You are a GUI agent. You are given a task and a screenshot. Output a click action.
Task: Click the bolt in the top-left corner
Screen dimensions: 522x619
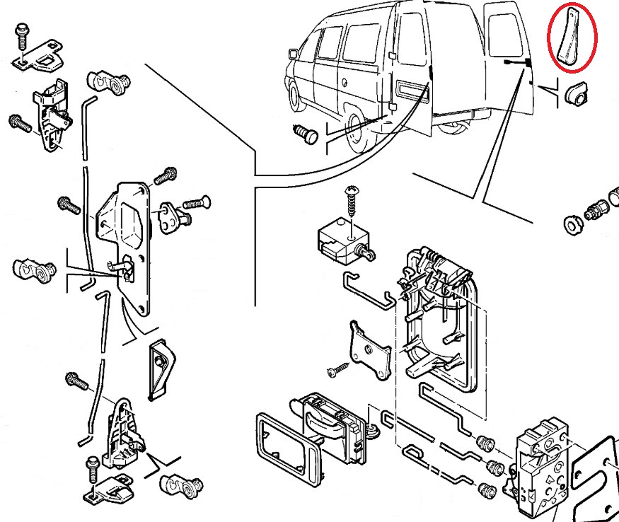[x=21, y=34]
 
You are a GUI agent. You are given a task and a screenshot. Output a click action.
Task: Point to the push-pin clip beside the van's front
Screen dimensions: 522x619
[x=306, y=134]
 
